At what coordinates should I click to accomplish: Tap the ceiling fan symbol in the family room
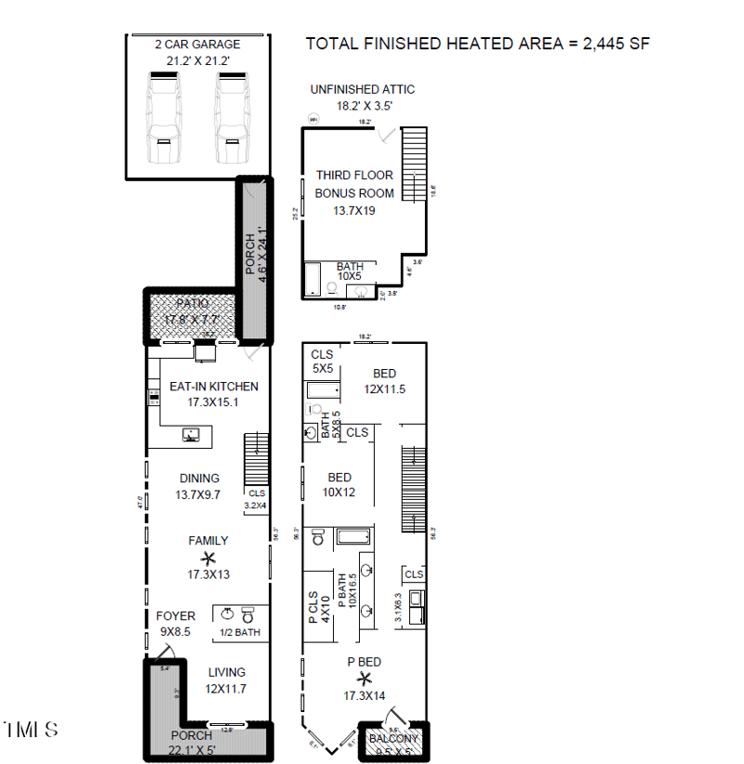pos(208,558)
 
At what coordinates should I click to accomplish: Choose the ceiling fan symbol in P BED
pos(365,678)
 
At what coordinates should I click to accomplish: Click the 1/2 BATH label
pos(239,632)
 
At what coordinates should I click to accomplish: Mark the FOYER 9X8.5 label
pos(175,623)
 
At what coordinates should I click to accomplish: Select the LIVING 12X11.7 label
pos(227,679)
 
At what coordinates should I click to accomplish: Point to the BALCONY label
pos(394,738)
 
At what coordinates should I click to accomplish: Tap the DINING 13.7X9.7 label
pos(198,486)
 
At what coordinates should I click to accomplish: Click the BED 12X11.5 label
pos(384,381)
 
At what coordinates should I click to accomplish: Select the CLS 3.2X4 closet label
pos(256,499)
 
